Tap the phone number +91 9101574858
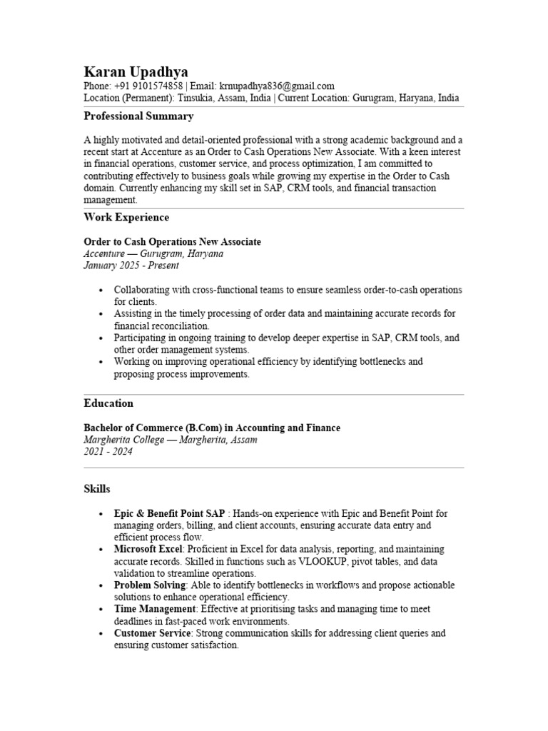click(147, 86)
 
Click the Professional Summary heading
click(138, 116)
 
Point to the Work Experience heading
click(126, 217)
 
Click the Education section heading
click(108, 403)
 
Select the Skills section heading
click(97, 489)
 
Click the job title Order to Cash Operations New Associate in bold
click(173, 242)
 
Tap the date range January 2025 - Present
click(131, 266)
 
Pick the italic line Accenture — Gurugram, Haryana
click(153, 254)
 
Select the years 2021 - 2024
click(108, 452)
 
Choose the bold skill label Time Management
click(155, 609)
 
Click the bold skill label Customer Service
click(152, 633)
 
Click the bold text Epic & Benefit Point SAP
click(169, 513)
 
